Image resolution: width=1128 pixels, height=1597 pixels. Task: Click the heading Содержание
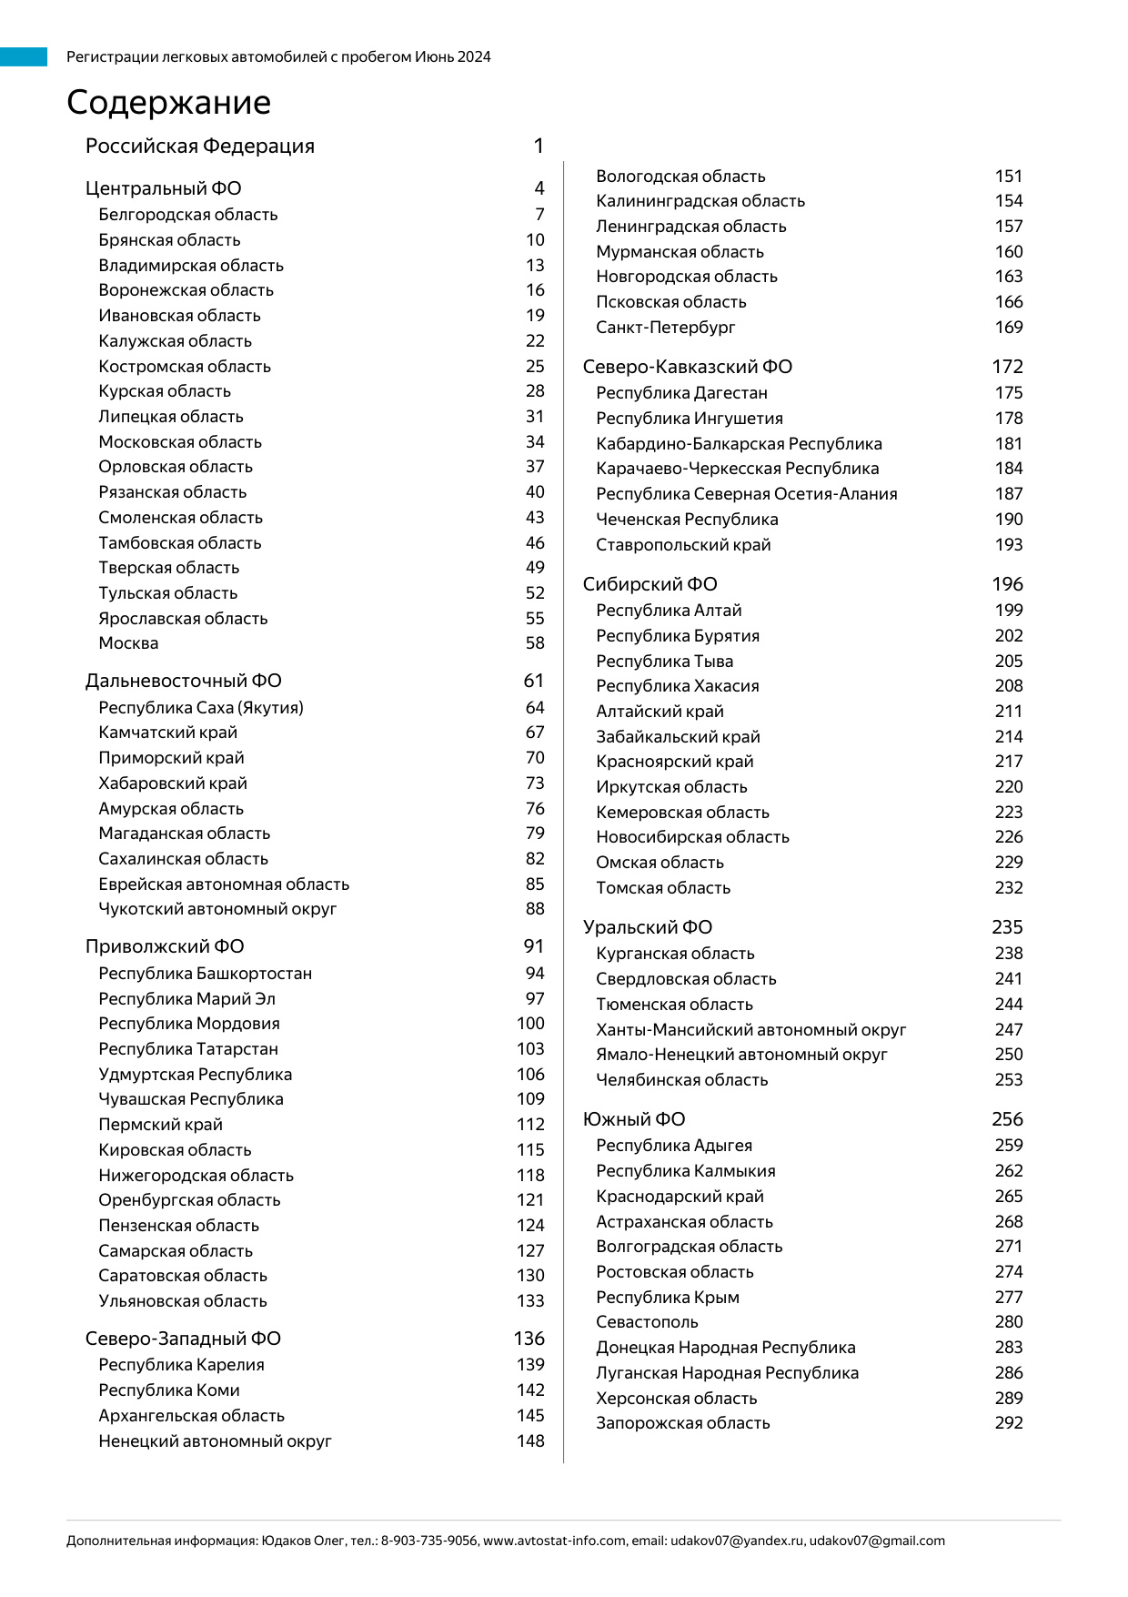click(x=168, y=103)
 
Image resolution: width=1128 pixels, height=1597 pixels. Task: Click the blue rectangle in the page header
click(x=24, y=57)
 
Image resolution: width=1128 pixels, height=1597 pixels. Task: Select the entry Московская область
click(x=180, y=442)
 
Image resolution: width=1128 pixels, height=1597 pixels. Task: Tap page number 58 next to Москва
click(x=535, y=643)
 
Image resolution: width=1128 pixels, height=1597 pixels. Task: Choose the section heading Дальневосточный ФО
click(x=183, y=682)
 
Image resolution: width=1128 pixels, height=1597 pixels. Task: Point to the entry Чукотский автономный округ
click(x=217, y=909)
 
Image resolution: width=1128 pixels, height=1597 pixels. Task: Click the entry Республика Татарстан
click(x=188, y=1049)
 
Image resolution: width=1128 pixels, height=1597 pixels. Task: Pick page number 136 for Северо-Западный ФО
click(x=529, y=1339)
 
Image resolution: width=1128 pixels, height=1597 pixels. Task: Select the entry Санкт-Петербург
click(x=665, y=328)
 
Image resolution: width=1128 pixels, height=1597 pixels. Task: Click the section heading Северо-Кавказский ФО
click(x=687, y=367)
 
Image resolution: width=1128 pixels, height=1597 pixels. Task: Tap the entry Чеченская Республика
click(x=687, y=520)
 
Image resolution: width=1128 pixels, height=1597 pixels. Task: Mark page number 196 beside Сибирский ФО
click(x=1007, y=584)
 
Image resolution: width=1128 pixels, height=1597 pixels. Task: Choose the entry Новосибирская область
click(x=692, y=837)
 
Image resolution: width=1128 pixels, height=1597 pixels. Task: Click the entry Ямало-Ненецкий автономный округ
click(x=741, y=1055)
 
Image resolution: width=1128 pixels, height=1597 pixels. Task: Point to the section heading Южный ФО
click(x=634, y=1119)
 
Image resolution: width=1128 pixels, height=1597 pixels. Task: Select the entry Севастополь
click(x=647, y=1322)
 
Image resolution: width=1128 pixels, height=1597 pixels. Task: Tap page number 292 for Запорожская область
click(x=1009, y=1423)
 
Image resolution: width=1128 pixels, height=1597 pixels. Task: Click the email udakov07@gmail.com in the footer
click(x=877, y=1541)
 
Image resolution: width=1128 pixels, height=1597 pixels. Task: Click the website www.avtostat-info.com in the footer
click(x=554, y=1541)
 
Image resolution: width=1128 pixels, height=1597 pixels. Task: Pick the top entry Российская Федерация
click(x=200, y=147)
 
